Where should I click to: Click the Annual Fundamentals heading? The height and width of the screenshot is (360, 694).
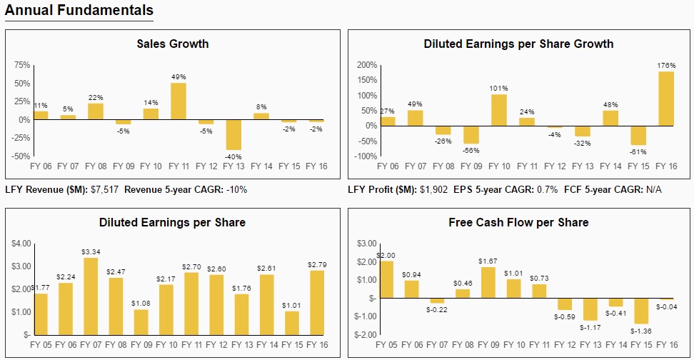pos(79,10)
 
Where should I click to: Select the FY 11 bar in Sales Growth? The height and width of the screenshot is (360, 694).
pos(178,101)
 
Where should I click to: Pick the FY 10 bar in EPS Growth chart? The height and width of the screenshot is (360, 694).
pos(500,110)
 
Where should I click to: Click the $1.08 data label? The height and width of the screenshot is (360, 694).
pos(141,304)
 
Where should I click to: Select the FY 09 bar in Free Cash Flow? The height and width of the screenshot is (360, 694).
pos(488,282)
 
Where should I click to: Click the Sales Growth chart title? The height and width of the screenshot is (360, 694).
pos(173,44)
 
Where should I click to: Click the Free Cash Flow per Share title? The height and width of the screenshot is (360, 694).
pos(518,222)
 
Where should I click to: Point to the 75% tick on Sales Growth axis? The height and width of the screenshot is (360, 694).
pos(21,65)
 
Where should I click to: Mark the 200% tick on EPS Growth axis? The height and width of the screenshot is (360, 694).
pos(366,65)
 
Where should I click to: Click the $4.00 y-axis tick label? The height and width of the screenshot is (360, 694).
pos(21,244)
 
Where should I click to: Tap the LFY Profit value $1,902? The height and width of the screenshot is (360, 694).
pos(431,190)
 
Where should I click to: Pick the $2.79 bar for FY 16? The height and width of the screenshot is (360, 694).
pos(317,302)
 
